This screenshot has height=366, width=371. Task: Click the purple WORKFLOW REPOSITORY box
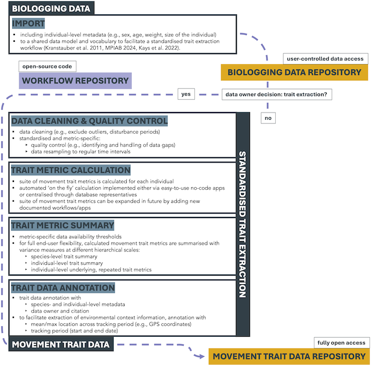(x=75, y=81)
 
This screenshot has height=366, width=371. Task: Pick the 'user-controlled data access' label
(x=326, y=58)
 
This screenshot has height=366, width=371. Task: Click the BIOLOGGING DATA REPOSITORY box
(x=294, y=72)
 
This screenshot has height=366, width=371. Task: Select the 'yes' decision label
(x=186, y=94)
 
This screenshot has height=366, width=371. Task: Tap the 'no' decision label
(x=268, y=118)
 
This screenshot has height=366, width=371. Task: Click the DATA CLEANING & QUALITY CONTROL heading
(x=90, y=121)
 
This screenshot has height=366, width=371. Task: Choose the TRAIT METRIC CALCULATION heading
(x=71, y=170)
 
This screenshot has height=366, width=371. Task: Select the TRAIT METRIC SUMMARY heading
(x=63, y=226)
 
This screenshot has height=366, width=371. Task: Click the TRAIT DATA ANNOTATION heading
(x=63, y=287)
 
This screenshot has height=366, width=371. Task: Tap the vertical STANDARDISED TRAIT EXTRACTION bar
(x=242, y=224)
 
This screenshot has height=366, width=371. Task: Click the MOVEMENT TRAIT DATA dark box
(x=61, y=344)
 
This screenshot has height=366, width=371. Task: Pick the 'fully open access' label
(x=341, y=342)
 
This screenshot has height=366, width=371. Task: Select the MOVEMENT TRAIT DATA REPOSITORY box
(x=289, y=356)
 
